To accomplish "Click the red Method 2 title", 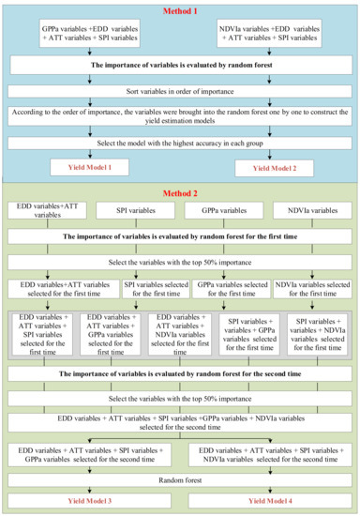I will (x=180, y=192).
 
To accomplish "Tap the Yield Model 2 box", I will (x=271, y=168).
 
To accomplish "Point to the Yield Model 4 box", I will (x=271, y=502).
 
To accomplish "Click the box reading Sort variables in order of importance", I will (x=180, y=91).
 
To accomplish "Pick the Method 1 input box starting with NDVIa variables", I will (x=271, y=36).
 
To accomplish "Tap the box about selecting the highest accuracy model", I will (x=180, y=142).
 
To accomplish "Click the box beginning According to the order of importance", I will (x=180, y=116).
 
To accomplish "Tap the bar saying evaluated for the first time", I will (x=180, y=237).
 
